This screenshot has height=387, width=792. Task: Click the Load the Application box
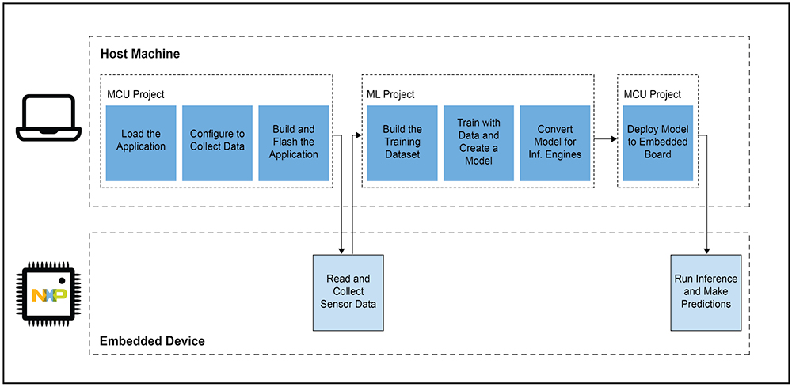pos(141,142)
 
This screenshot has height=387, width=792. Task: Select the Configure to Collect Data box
pos(217,142)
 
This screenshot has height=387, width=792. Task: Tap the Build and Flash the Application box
pos(294,142)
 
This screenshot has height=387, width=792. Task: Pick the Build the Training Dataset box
pos(402,142)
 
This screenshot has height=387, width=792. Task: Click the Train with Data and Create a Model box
pos(479,142)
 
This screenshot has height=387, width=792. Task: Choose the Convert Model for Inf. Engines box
pos(555,142)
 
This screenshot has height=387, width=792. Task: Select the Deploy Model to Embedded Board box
pos(657,142)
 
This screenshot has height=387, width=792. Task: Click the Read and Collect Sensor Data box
pos(348,292)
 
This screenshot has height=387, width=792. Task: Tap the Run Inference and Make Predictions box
pos(706,292)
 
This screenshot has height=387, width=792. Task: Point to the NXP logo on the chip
pos(48,294)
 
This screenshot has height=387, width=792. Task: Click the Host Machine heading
pos(140,54)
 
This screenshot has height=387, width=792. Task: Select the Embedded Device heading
pos(152,341)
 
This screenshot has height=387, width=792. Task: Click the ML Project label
pos(391,94)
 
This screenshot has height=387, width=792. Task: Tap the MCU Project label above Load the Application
pos(136,94)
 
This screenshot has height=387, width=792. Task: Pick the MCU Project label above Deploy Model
pos(652,94)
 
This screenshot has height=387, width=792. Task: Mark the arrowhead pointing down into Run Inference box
pos(706,251)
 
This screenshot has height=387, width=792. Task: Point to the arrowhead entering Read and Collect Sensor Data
pos(342,251)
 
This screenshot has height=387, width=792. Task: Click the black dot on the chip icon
pos(62,280)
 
